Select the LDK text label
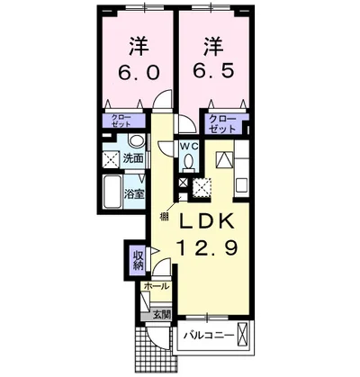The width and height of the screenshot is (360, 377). [207, 221]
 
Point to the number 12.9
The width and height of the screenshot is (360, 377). [209, 247]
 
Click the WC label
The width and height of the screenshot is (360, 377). [189, 147]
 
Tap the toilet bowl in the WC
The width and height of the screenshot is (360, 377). [189, 161]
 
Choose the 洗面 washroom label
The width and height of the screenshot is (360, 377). [133, 158]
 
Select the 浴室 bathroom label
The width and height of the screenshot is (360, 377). [134, 194]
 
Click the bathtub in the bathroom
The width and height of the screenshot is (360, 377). [112, 192]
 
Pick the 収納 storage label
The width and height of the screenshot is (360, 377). [138, 261]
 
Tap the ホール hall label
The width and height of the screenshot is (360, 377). [156, 286]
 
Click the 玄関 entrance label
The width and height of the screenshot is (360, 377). [162, 315]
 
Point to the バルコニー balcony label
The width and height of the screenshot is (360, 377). [209, 336]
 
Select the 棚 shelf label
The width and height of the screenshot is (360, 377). [164, 217]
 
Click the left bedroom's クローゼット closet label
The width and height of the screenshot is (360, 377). [121, 121]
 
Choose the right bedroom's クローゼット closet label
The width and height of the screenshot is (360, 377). [222, 124]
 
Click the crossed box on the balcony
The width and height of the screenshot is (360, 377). [242, 334]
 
